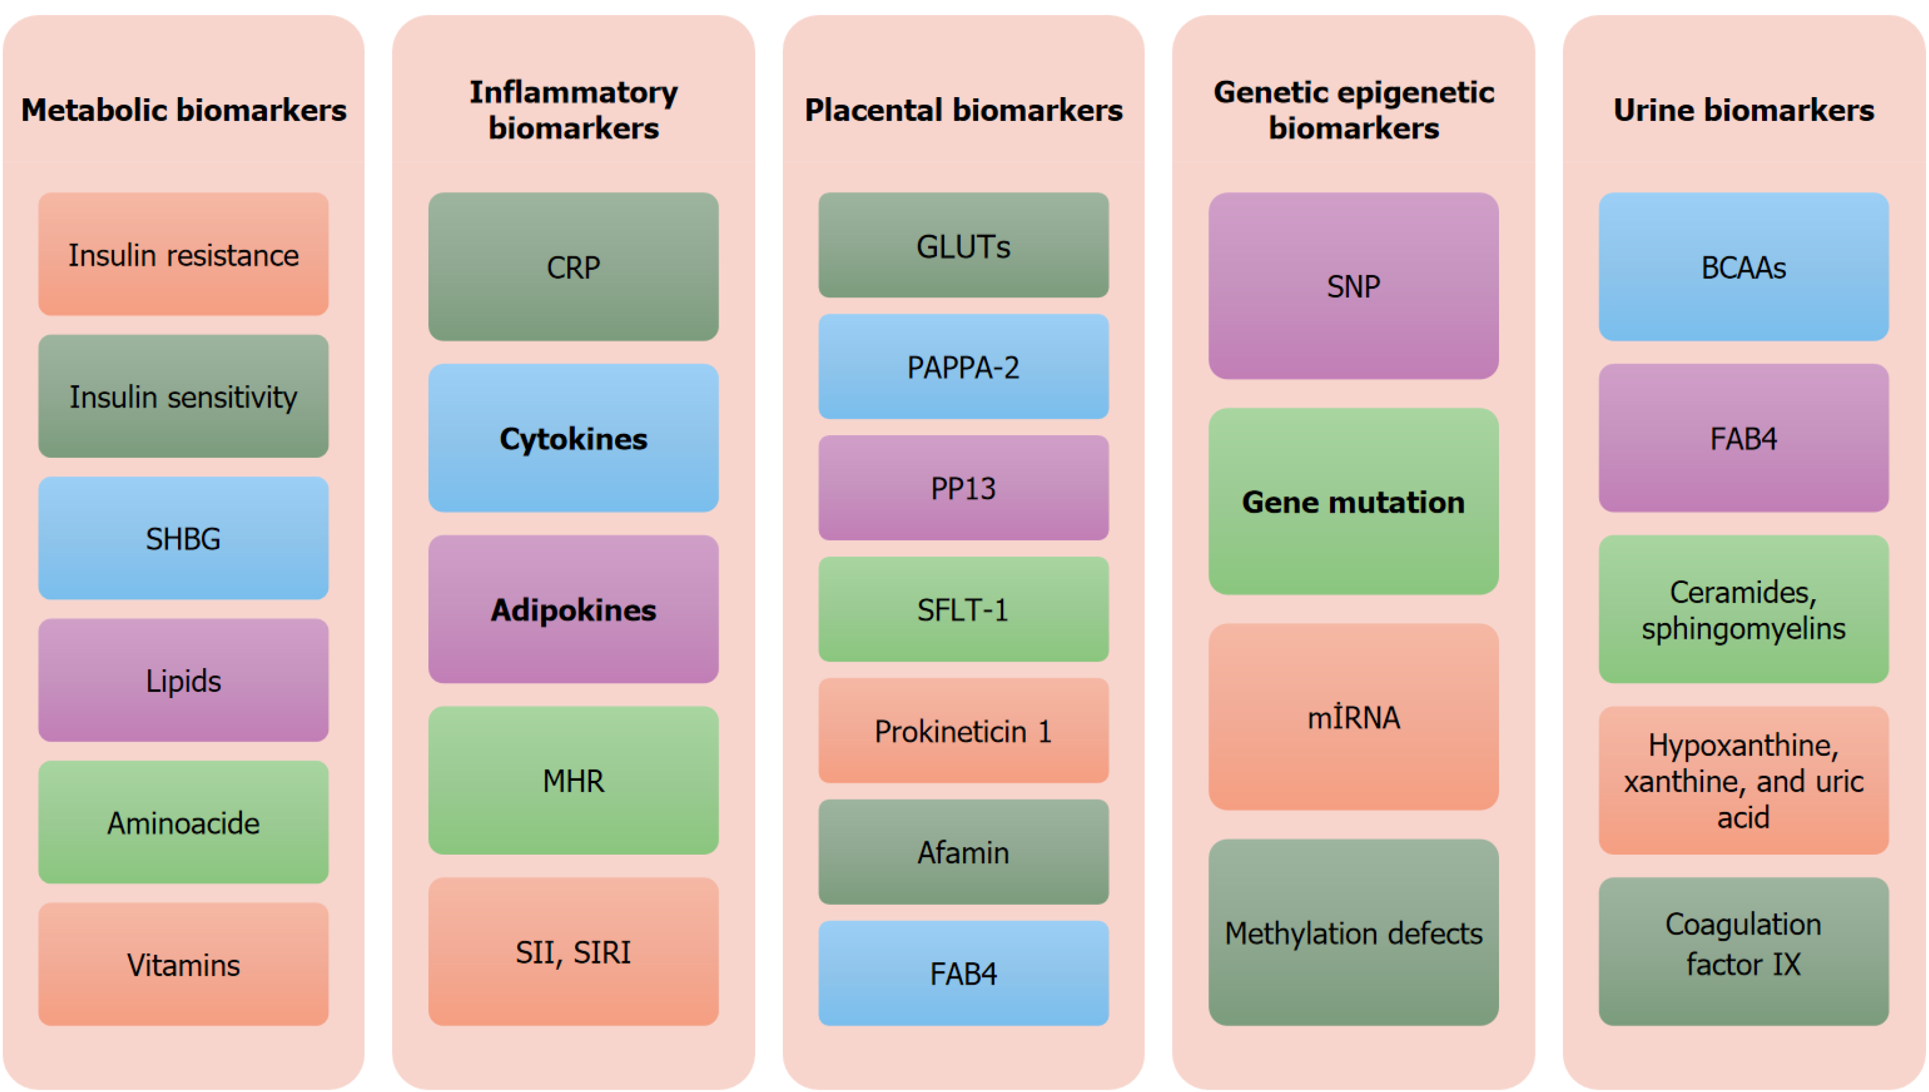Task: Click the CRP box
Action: tap(573, 267)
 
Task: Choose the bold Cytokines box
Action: tap(573, 438)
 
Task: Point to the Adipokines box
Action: tap(573, 609)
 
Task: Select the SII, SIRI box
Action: tap(573, 951)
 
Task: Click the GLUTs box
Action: tap(963, 246)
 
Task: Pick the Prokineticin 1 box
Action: tap(963, 731)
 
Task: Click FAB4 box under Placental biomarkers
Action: tap(963, 973)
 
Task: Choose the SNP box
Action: tap(1353, 286)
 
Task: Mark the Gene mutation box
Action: tap(1353, 501)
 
